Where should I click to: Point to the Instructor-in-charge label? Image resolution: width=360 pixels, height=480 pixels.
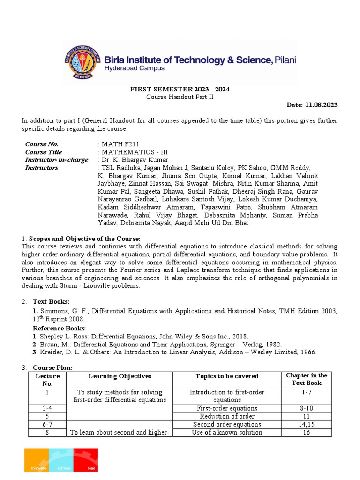click(56, 160)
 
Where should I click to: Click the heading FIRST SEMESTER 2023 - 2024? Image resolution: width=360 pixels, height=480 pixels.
click(180, 89)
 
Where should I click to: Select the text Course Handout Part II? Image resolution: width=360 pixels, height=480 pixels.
click(180, 97)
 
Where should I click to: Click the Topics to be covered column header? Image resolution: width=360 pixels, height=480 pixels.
click(227, 376)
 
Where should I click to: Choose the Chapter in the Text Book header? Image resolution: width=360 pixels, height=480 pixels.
click(307, 379)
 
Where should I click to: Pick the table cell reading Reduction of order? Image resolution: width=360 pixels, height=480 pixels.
click(227, 416)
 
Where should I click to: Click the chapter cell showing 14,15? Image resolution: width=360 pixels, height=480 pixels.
click(307, 424)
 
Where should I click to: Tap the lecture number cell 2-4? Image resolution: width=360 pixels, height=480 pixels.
click(47, 408)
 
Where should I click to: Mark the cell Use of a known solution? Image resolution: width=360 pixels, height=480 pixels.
click(227, 432)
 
